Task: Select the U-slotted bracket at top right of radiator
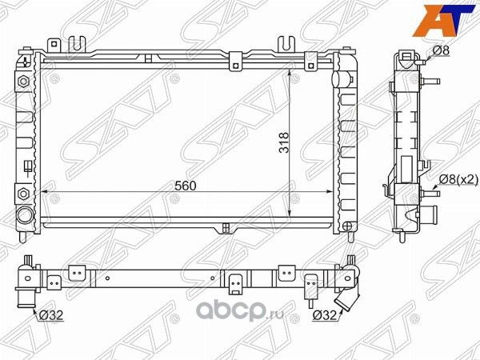pos(286,43)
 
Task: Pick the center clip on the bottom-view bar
pos(237,282)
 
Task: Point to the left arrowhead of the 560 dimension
pos(45,193)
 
